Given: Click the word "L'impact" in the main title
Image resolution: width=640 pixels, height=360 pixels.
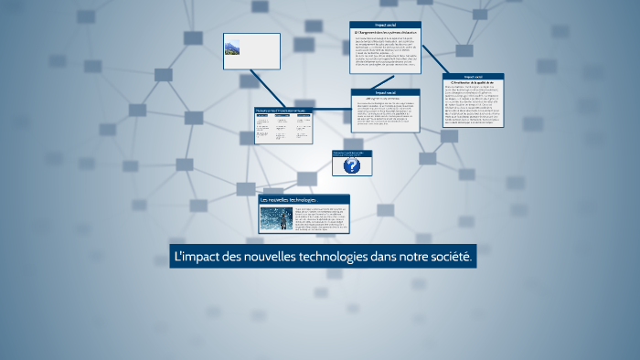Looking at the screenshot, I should click(x=196, y=258).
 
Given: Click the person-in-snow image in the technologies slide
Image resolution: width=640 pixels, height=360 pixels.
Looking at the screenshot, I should click(x=275, y=219).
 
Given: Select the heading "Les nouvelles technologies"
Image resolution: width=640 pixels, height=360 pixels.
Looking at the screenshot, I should click(x=288, y=200).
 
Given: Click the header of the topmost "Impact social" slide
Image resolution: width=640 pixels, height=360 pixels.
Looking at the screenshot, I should click(x=385, y=25).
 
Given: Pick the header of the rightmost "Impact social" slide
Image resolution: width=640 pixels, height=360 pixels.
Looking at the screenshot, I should click(x=473, y=77).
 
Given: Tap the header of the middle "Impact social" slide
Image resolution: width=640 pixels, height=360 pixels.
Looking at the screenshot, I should click(x=385, y=92).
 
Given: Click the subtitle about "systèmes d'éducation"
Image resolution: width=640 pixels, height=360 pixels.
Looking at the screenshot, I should click(x=385, y=32).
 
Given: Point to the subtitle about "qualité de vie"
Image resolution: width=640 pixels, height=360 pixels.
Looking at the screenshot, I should click(x=473, y=83).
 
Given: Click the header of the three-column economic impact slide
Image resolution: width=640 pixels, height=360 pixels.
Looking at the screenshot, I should click(x=283, y=111).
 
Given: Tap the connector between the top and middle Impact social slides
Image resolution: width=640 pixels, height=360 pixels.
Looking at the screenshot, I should click(x=386, y=81).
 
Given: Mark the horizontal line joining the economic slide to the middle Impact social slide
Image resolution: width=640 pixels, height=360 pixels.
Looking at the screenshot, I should click(x=331, y=109).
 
